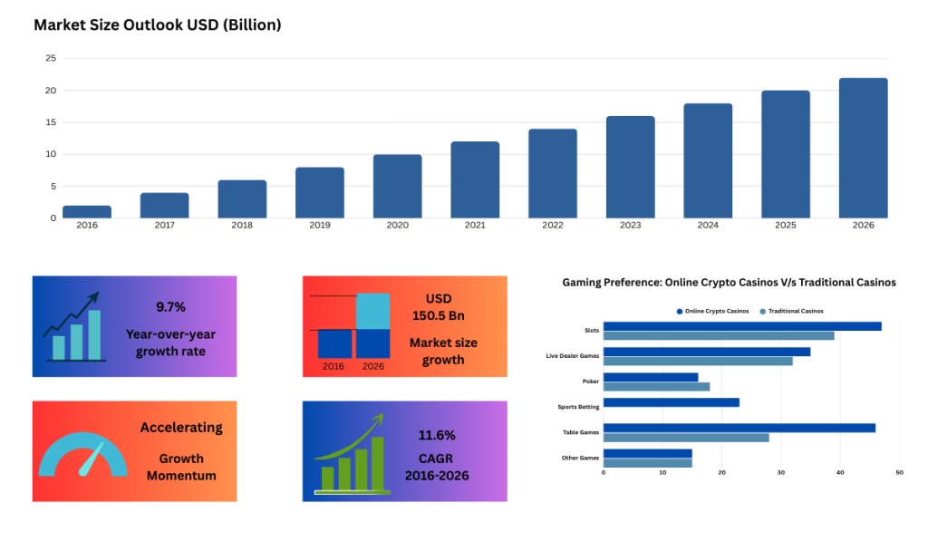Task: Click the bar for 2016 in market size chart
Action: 87,211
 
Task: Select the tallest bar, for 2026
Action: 863,148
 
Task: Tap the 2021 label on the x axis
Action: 475,225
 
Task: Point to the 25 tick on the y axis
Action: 51,59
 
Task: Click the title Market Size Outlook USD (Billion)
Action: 158,24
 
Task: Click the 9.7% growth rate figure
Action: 170,307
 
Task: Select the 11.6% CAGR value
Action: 437,435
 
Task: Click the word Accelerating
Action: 181,428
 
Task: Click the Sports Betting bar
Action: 671,402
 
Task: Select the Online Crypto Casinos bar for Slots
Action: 741,326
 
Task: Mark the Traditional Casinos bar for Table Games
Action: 685,438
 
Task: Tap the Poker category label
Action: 590,382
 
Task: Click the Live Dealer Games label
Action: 572,356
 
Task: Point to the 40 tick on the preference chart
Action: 840,473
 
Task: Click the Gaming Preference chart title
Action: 729,283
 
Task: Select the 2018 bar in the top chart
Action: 242,198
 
